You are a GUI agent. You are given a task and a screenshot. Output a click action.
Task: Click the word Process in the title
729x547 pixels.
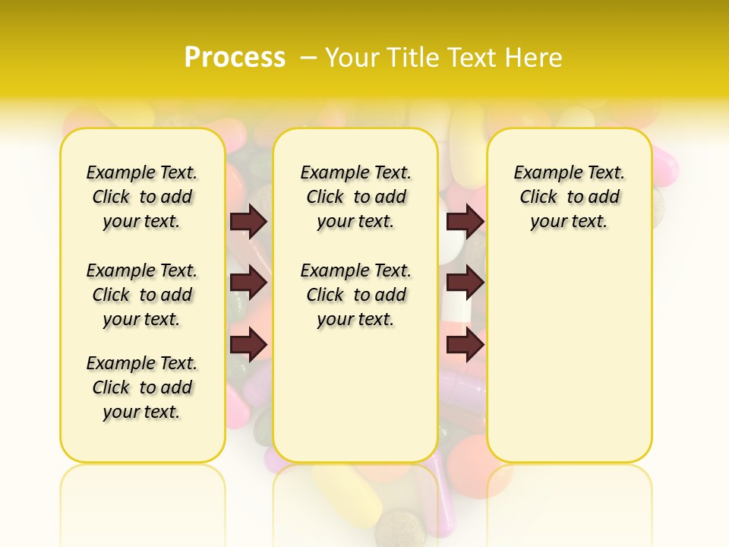235,58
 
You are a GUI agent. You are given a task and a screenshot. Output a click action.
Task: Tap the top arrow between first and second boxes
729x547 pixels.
248,221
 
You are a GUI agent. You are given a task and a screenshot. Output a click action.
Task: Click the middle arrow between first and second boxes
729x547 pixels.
248,283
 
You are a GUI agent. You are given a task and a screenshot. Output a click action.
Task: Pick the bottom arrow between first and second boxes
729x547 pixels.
248,346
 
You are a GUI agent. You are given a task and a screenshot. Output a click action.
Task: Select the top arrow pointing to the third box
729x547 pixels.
465,221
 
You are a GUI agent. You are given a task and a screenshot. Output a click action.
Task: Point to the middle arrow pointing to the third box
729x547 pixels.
465,283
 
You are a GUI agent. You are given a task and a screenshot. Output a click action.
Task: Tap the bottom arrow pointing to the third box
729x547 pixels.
465,346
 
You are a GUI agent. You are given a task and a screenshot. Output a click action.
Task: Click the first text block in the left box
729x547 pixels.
142,197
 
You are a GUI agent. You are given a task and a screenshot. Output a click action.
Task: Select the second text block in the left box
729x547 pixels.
142,295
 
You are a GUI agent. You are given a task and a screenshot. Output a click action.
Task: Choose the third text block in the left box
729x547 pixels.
142,387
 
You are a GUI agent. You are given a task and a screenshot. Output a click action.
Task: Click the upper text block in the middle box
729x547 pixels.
355,197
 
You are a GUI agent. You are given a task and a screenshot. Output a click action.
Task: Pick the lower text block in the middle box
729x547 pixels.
355,295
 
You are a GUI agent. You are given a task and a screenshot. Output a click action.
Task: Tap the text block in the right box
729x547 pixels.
569,197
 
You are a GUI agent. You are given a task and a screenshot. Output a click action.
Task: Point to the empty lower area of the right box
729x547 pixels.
569,349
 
